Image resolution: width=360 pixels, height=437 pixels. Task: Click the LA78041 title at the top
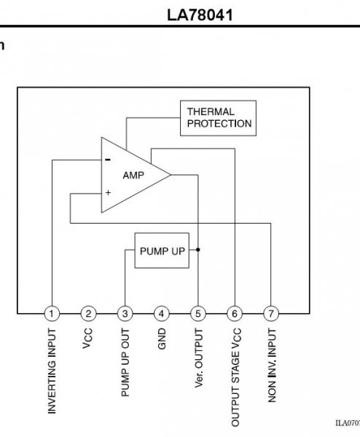coord(200,15)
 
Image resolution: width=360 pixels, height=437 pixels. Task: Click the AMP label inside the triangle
coord(133,176)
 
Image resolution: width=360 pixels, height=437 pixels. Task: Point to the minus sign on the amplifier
coord(108,160)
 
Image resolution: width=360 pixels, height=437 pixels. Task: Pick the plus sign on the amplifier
coord(108,192)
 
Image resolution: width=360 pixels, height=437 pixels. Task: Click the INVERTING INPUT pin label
coord(52,371)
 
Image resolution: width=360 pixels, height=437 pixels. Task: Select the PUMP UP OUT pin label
coord(125,362)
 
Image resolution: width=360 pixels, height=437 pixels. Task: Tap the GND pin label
coord(162,339)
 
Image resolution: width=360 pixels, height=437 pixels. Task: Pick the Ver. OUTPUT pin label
coord(198,358)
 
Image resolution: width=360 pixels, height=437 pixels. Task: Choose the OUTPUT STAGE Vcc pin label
coord(235,377)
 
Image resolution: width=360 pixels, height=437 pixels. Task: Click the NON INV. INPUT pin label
coord(272,365)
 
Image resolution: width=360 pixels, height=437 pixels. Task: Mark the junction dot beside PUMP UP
coord(197,250)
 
